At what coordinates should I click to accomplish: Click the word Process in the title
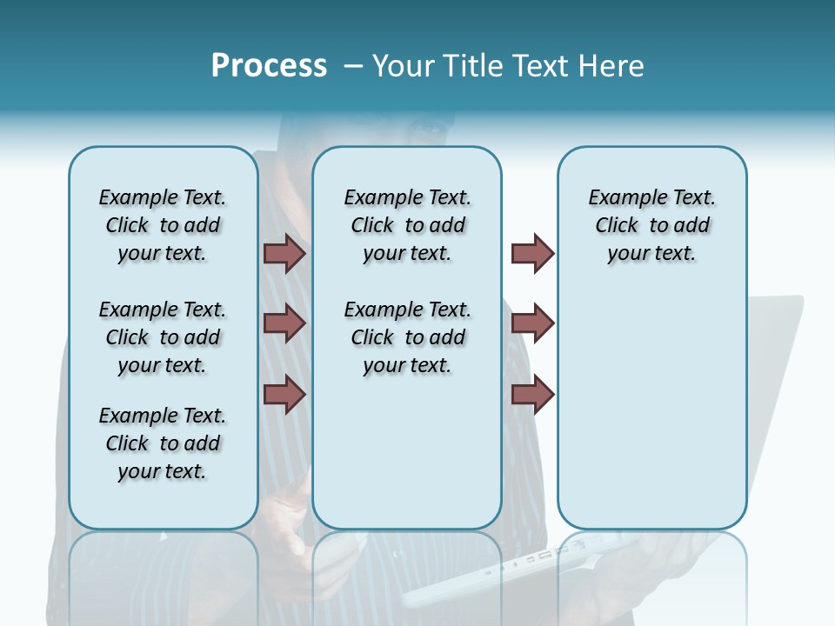269,65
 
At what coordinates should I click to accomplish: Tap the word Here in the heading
611,66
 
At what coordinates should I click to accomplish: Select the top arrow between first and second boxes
284,253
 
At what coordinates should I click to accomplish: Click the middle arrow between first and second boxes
284,323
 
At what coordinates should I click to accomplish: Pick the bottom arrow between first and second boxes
284,394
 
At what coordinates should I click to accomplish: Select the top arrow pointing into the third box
532,253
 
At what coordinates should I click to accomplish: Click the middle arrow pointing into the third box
532,323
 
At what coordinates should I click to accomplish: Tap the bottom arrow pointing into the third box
532,394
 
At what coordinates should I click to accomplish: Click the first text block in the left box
163,225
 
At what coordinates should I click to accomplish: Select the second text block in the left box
163,337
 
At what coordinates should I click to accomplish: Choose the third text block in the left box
163,443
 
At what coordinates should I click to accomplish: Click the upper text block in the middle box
407,225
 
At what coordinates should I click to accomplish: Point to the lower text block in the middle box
407,337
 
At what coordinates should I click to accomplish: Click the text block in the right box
651,225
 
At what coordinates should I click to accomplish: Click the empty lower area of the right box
651,409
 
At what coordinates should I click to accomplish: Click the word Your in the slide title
404,66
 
